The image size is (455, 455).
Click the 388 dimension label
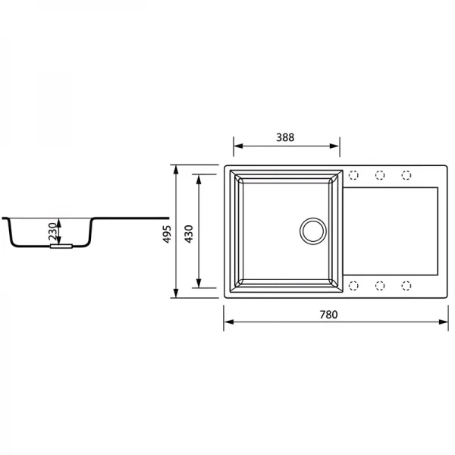285,137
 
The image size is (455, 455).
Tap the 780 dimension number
328,315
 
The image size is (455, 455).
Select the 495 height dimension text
167,234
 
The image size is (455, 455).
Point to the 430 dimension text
189,234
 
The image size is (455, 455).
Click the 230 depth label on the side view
52,231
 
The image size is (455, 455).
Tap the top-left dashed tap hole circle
353,175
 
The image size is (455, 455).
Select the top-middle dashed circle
380,175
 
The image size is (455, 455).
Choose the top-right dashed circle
406,175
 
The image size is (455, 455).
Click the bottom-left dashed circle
353,286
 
